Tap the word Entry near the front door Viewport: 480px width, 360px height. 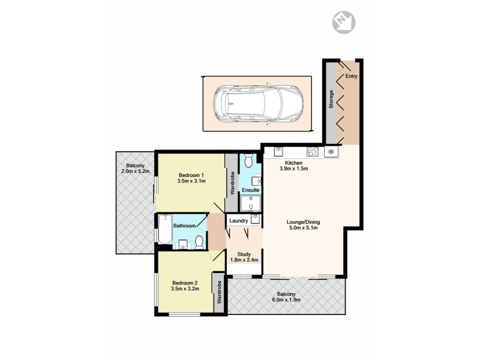pos(350,77)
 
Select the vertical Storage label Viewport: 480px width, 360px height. pos(331,100)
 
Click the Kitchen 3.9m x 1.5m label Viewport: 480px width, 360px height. pos(293,166)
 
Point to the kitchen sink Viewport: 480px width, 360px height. pos(278,151)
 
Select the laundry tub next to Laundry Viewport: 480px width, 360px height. pos(255,220)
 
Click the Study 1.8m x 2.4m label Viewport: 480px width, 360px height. pos(244,257)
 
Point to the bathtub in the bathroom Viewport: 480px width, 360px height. pos(164,230)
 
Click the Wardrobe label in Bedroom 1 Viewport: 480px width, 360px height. pos(231,184)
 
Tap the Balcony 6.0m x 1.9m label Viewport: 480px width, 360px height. pos(286,296)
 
